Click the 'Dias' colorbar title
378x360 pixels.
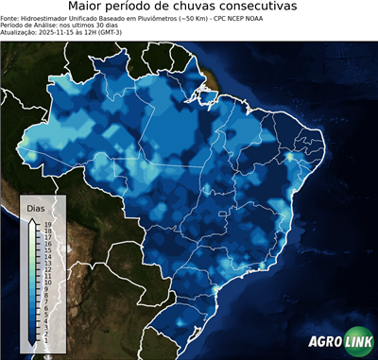(x=35, y=207)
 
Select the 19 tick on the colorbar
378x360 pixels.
(x=46, y=224)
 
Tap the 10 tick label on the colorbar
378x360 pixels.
(x=46, y=282)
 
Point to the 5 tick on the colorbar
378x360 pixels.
(x=45, y=314)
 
